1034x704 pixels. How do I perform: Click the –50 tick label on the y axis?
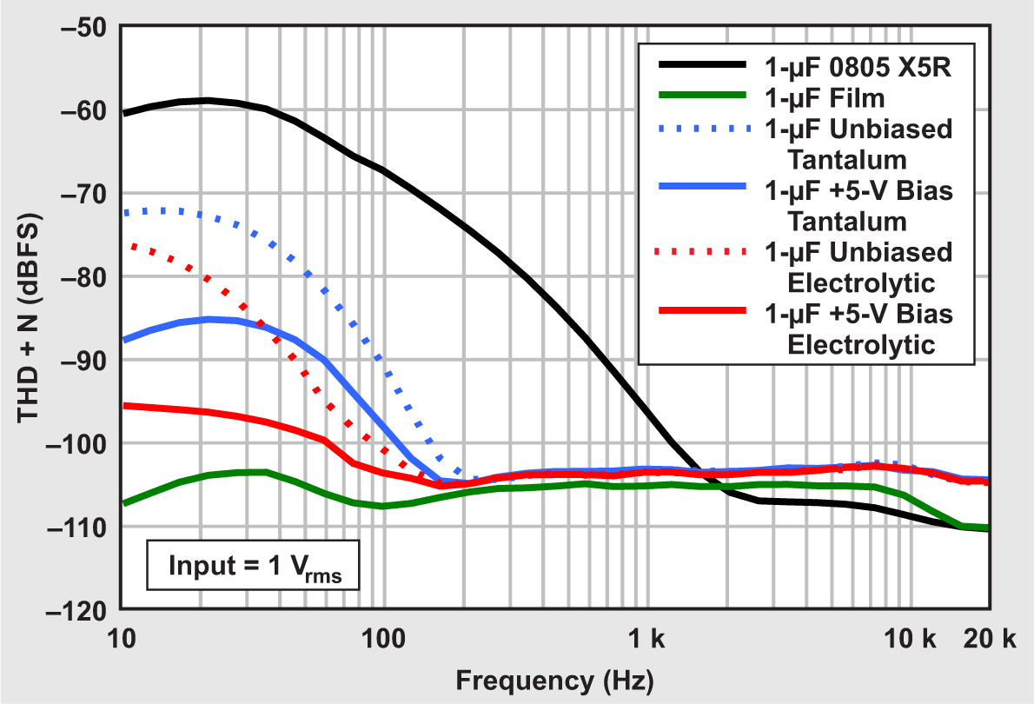click(83, 27)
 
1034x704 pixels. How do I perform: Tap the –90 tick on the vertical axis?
click(83, 360)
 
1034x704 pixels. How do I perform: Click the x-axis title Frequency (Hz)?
click(554, 678)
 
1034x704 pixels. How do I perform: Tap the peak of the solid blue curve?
click(209, 319)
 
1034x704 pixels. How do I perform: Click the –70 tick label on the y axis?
click(83, 193)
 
